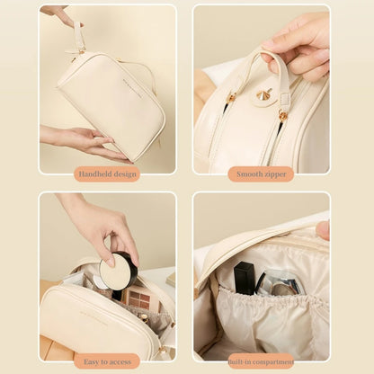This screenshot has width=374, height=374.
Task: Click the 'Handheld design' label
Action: point(107,174)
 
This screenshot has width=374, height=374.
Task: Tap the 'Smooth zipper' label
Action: point(261,174)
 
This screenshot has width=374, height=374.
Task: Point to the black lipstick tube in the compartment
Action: point(243,278)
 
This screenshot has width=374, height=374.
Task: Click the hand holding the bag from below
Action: point(81,139)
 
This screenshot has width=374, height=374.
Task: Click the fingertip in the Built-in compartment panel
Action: point(323,230)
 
